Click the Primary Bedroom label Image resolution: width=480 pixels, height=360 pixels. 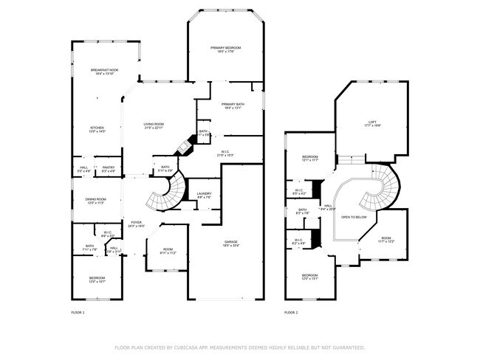point(225,48)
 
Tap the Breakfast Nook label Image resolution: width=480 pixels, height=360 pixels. point(103,70)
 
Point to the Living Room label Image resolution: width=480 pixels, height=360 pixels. point(154,124)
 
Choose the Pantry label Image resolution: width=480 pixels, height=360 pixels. point(108,167)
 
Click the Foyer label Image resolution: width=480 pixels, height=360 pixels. point(136,222)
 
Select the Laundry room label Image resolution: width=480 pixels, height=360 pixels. point(204,194)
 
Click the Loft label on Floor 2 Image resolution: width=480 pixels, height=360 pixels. point(372,122)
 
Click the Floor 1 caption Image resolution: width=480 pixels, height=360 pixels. point(78,313)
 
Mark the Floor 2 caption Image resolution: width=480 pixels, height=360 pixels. point(291,313)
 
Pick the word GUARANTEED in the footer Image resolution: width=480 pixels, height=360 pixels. point(346,347)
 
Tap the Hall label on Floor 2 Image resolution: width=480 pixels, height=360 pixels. point(328,206)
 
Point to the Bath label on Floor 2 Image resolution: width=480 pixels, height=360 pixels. point(303,210)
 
